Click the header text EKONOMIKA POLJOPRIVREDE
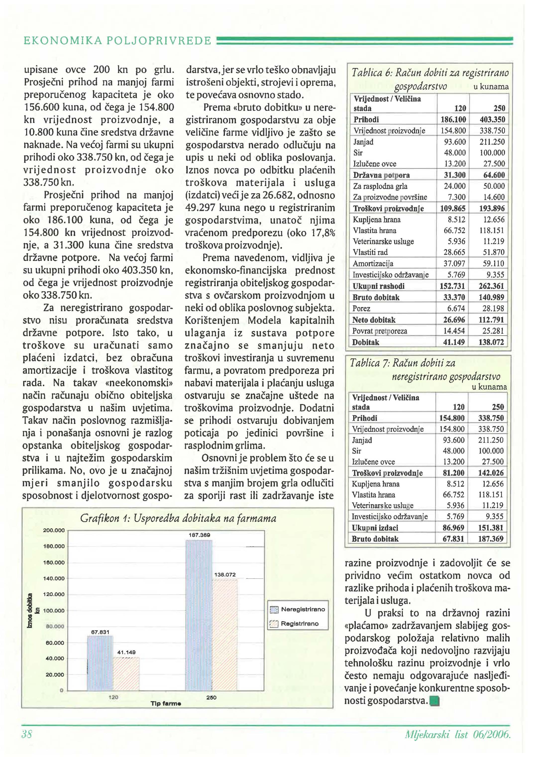pos(117,41)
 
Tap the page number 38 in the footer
pos(27,734)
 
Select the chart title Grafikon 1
pos(178,518)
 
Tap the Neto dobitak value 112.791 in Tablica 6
pos(491,320)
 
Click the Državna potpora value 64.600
pos(494,175)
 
